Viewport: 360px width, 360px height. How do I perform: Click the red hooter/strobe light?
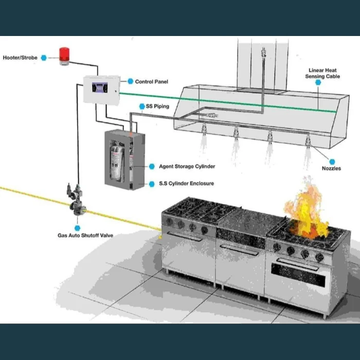(x=64, y=56)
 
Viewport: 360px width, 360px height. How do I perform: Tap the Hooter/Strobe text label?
(x=20, y=58)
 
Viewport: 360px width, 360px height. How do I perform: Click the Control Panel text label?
(x=151, y=82)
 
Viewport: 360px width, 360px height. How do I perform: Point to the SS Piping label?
(x=157, y=106)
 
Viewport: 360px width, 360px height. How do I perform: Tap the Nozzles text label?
(x=331, y=168)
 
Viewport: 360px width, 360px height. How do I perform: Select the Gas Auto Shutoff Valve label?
(x=85, y=236)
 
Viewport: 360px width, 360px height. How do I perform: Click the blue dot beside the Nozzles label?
(x=332, y=161)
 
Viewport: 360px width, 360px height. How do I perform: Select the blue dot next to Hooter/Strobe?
(x=44, y=58)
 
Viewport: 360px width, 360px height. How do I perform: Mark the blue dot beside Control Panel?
(x=130, y=81)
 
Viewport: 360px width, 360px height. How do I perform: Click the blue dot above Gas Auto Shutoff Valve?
(x=77, y=227)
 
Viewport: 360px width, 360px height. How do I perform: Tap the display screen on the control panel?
(x=100, y=87)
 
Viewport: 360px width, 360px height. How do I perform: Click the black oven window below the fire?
(x=298, y=278)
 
